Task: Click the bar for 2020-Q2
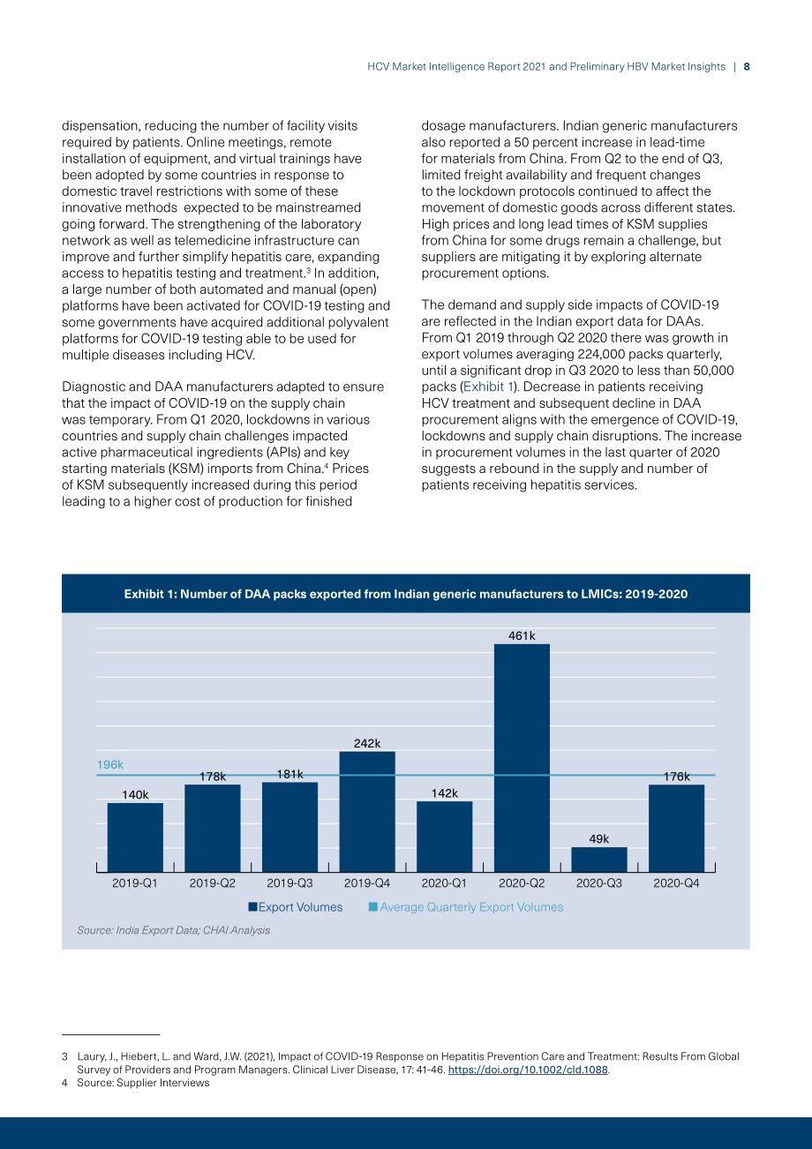coord(522,758)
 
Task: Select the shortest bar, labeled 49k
coord(599,860)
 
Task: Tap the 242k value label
coord(367,743)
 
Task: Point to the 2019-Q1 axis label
coord(135,883)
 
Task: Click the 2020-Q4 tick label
coord(676,883)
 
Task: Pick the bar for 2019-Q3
coord(289,828)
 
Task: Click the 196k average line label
coord(109,765)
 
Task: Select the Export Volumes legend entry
coord(296,907)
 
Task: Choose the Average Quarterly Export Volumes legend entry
coord(466,907)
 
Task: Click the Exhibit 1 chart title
coord(406,594)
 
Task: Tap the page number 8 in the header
coord(747,67)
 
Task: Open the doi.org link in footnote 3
coord(528,1070)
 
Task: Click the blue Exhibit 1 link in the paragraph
coord(488,387)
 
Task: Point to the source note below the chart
coord(173,930)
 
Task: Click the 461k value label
coord(522,636)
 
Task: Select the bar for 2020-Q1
coord(444,837)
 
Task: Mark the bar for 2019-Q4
coord(367,812)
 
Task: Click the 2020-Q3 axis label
coord(599,883)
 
